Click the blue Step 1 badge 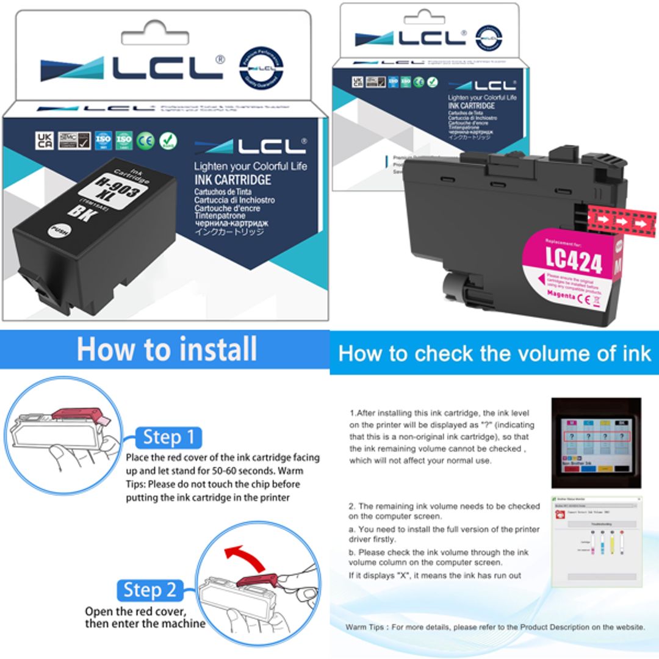pyautogui.click(x=168, y=438)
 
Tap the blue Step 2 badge pyautogui.click(x=150, y=590)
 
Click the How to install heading pyautogui.click(x=167, y=350)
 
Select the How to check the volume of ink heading pyautogui.click(x=494, y=353)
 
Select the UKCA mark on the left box pyautogui.click(x=45, y=140)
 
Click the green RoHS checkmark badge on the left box pyautogui.click(x=168, y=140)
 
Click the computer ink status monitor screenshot pyautogui.click(x=597, y=541)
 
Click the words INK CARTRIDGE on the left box pyautogui.click(x=232, y=180)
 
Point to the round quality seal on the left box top pyautogui.click(x=261, y=68)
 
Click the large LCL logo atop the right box pyautogui.click(x=410, y=38)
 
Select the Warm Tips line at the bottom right pyautogui.click(x=494, y=627)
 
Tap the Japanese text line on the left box pyautogui.click(x=229, y=232)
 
